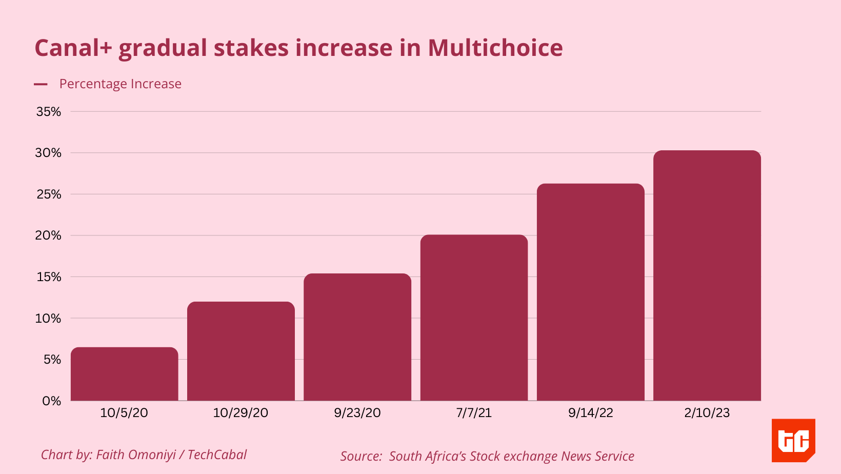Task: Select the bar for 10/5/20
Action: tap(125, 374)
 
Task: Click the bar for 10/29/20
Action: tap(241, 351)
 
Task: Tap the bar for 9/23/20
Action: tap(357, 337)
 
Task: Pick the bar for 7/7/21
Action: tap(474, 318)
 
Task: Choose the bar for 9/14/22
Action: tap(591, 292)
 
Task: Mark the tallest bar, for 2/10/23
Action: tap(707, 275)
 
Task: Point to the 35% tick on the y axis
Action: tap(49, 112)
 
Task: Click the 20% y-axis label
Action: tap(49, 235)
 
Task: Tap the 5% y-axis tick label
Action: tap(52, 360)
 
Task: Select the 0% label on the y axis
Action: tap(52, 401)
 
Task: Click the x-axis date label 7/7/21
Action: tap(474, 413)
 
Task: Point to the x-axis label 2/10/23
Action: tap(707, 413)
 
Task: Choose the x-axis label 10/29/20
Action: tap(241, 413)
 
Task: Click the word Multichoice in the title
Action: tap(495, 48)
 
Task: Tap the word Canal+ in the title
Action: tap(73, 48)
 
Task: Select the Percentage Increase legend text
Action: tap(121, 84)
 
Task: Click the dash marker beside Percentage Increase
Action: tap(41, 84)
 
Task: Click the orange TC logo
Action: tap(793, 440)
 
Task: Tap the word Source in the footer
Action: tap(361, 456)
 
